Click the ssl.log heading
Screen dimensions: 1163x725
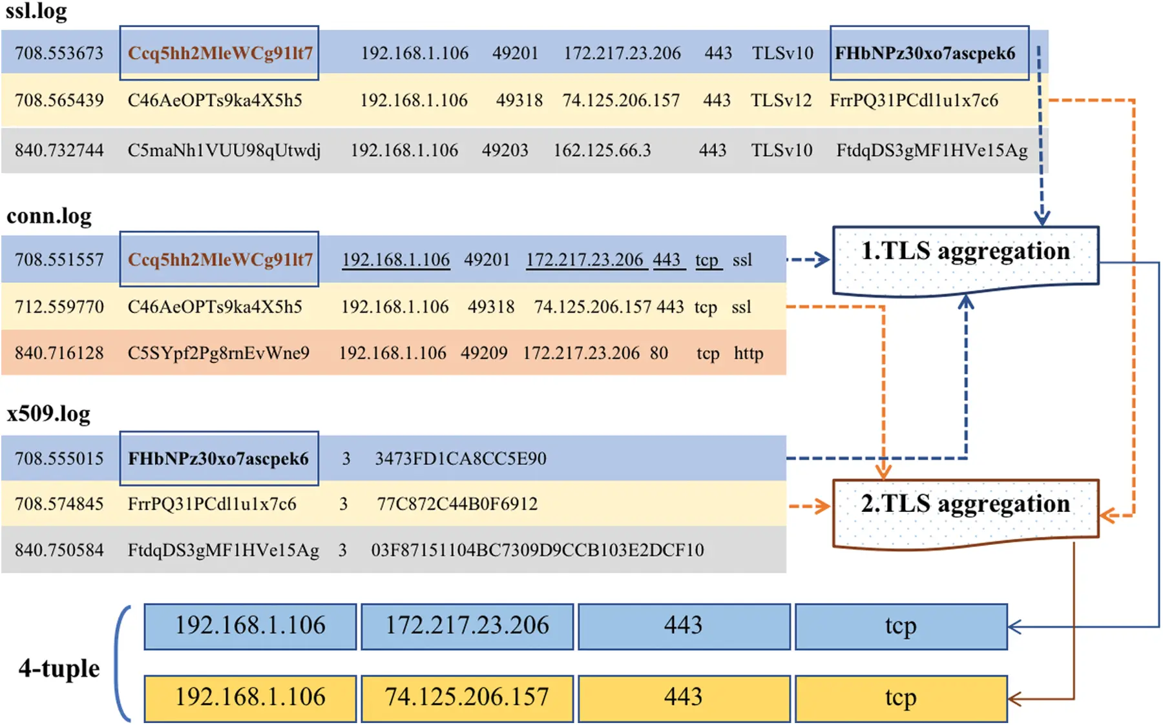[36, 11]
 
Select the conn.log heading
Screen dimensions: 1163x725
[49, 216]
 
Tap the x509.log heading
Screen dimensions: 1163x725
[48, 413]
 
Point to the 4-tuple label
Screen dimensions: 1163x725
[59, 668]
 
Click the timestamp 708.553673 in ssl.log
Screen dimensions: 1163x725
[59, 53]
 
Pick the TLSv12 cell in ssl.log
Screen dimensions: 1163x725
[781, 100]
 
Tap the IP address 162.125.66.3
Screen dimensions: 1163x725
[602, 150]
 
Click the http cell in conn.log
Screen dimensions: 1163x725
[748, 353]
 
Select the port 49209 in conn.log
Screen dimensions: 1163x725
[484, 353]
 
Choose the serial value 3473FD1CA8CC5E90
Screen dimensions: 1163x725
[461, 458]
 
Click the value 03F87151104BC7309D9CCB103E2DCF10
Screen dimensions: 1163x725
[537, 550]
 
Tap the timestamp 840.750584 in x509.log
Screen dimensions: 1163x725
[59, 550]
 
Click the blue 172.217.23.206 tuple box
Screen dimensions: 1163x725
[467, 626]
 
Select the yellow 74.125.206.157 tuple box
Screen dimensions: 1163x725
[467, 698]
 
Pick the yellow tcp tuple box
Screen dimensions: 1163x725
[901, 698]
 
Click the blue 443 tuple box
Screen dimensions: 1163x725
[684, 626]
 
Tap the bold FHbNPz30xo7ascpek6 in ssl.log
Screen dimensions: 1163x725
[925, 53]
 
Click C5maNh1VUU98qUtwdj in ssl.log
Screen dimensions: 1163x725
[224, 150]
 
